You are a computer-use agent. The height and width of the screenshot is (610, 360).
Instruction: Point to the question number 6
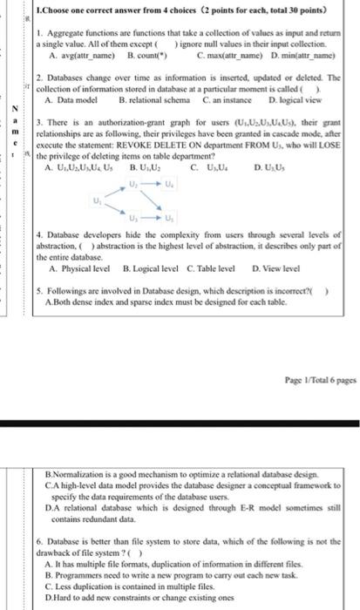click(39, 541)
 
